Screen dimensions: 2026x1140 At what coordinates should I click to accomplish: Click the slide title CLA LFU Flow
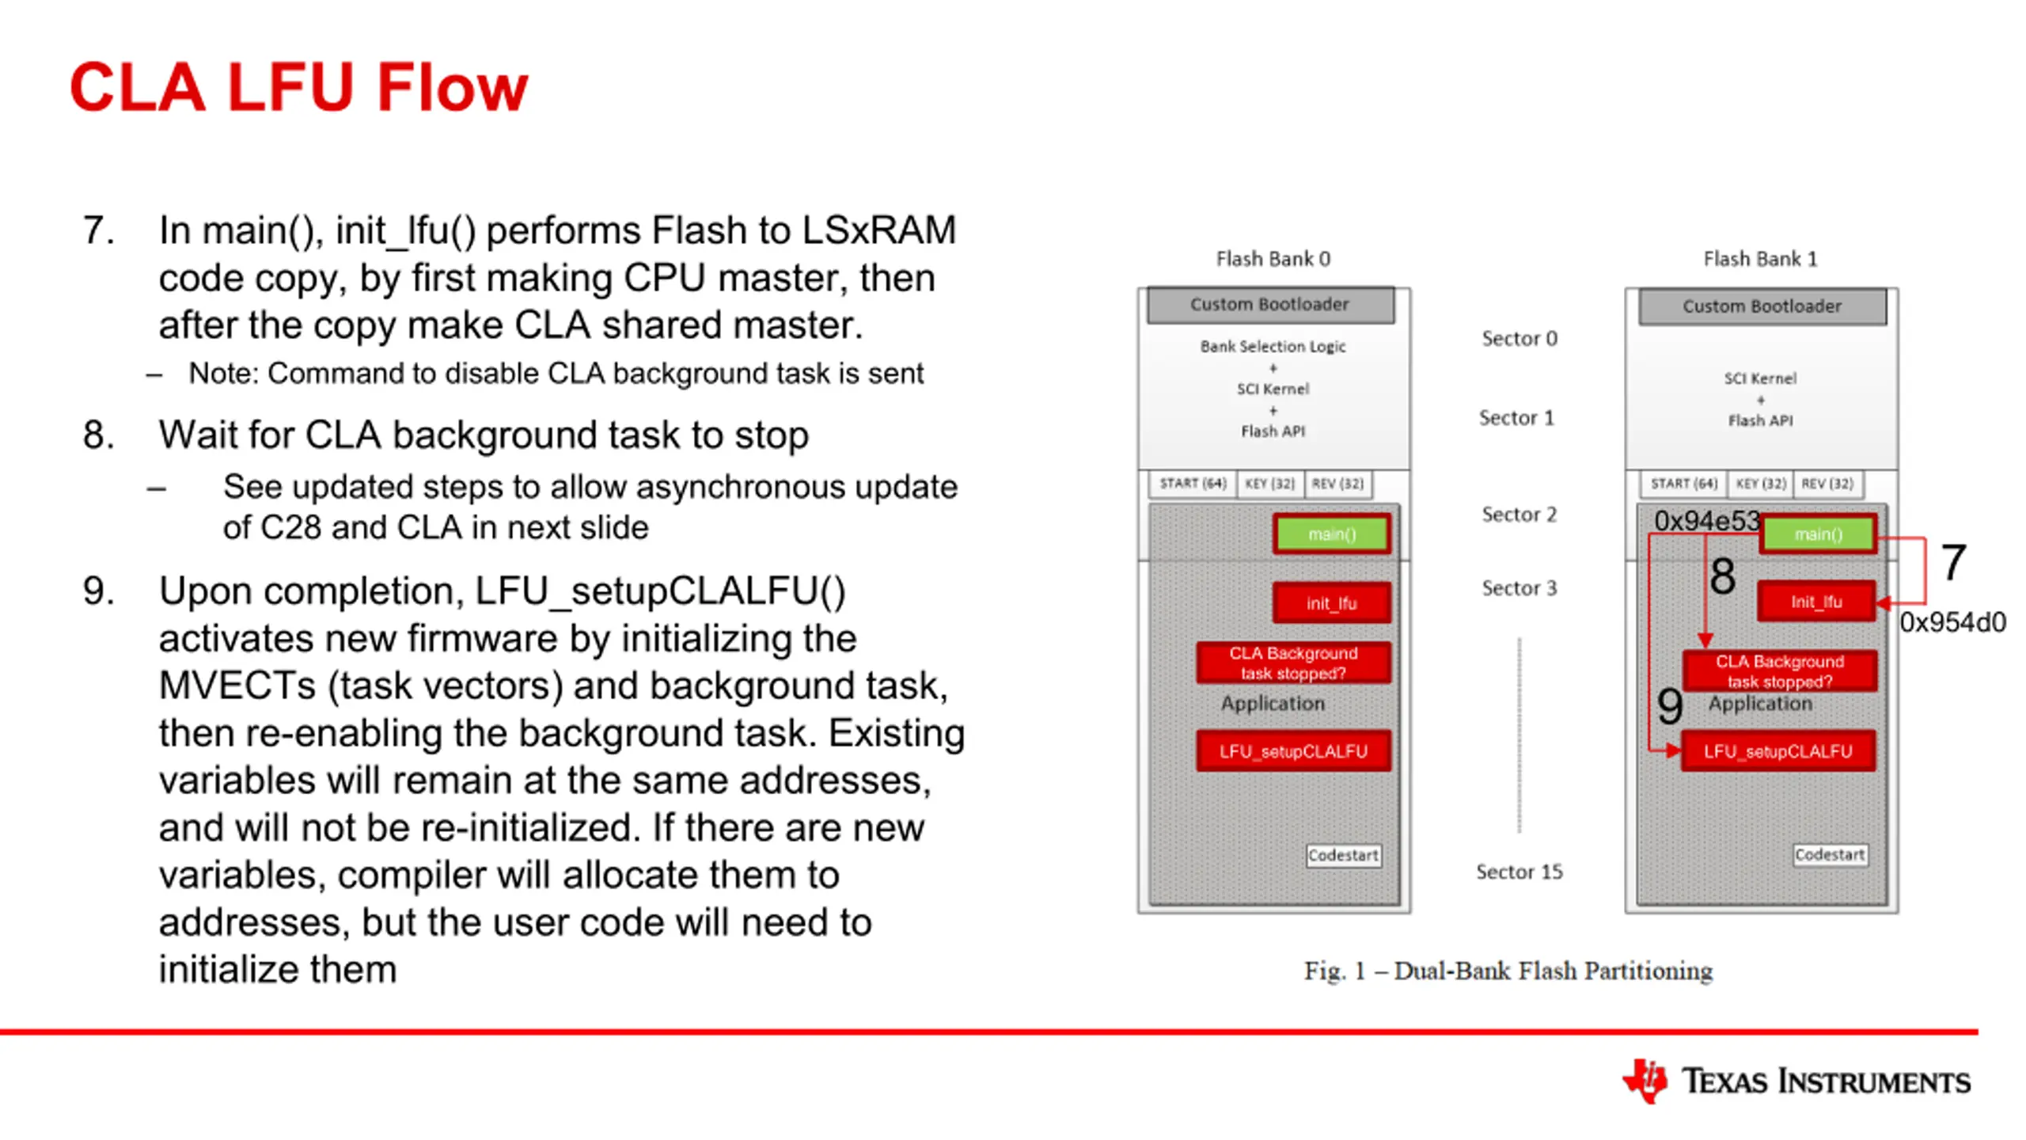pyautogui.click(x=298, y=87)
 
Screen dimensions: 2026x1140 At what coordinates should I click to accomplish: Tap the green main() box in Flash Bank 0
pyautogui.click(x=1332, y=534)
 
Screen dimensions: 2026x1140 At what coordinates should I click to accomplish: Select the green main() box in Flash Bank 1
pyautogui.click(x=1818, y=534)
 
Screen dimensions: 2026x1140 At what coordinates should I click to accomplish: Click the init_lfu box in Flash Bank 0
pyautogui.click(x=1332, y=603)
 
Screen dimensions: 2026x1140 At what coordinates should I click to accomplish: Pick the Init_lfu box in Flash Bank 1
pyautogui.click(x=1816, y=602)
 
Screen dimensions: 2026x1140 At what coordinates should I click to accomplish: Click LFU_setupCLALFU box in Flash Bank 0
pyautogui.click(x=1293, y=750)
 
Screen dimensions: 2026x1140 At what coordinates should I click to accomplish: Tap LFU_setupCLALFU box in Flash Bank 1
pyautogui.click(x=1778, y=750)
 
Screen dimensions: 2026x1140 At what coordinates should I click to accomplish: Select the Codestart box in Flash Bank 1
pyautogui.click(x=1830, y=855)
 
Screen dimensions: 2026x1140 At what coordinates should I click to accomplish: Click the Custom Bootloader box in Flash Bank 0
pyautogui.click(x=1270, y=305)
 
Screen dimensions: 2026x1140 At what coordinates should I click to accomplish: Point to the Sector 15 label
pyautogui.click(x=1519, y=872)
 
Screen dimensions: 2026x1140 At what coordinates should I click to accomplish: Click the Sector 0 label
pyautogui.click(x=1519, y=339)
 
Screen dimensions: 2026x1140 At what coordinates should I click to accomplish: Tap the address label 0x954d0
pyautogui.click(x=1952, y=623)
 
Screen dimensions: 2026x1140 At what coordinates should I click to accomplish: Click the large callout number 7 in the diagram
pyautogui.click(x=1953, y=562)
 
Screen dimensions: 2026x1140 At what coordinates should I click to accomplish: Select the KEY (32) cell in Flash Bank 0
pyautogui.click(x=1269, y=484)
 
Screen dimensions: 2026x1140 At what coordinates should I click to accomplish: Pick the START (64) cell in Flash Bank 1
pyautogui.click(x=1683, y=484)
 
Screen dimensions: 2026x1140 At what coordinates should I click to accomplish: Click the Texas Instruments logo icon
pyautogui.click(x=1645, y=1081)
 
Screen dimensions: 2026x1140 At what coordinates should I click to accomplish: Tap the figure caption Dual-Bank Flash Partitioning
pyautogui.click(x=1553, y=971)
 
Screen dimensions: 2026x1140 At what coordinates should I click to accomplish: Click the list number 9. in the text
pyautogui.click(x=98, y=591)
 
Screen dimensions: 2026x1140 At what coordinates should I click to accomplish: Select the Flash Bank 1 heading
pyautogui.click(x=1760, y=259)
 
